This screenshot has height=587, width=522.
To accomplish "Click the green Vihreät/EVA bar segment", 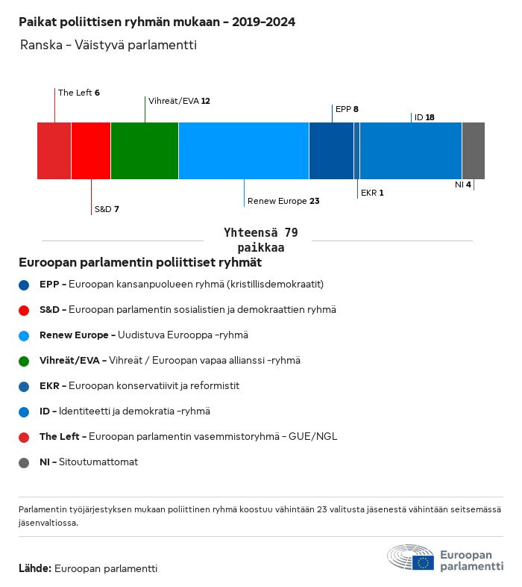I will [144, 151].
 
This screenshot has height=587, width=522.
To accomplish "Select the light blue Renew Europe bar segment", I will [243, 151].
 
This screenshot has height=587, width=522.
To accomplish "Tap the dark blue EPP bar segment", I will [331, 151].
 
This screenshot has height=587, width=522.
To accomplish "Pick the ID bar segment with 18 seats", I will [411, 151].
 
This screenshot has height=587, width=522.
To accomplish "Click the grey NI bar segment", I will [473, 151].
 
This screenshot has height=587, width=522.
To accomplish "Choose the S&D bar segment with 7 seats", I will [91, 151].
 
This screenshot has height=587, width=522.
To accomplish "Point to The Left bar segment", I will [54, 151].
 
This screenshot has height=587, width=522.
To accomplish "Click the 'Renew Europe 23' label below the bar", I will [283, 201].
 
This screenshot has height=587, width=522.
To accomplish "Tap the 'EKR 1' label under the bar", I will [372, 193].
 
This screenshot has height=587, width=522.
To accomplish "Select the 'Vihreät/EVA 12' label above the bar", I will [179, 100].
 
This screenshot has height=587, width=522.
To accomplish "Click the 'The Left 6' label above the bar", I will [79, 93].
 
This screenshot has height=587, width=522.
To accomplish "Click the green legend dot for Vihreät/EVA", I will [25, 361].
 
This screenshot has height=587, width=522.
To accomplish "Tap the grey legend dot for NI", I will [25, 462].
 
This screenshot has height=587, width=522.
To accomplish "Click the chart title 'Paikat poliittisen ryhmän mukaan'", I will [157, 22].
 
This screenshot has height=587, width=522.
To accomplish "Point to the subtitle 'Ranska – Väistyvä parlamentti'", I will [109, 46].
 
